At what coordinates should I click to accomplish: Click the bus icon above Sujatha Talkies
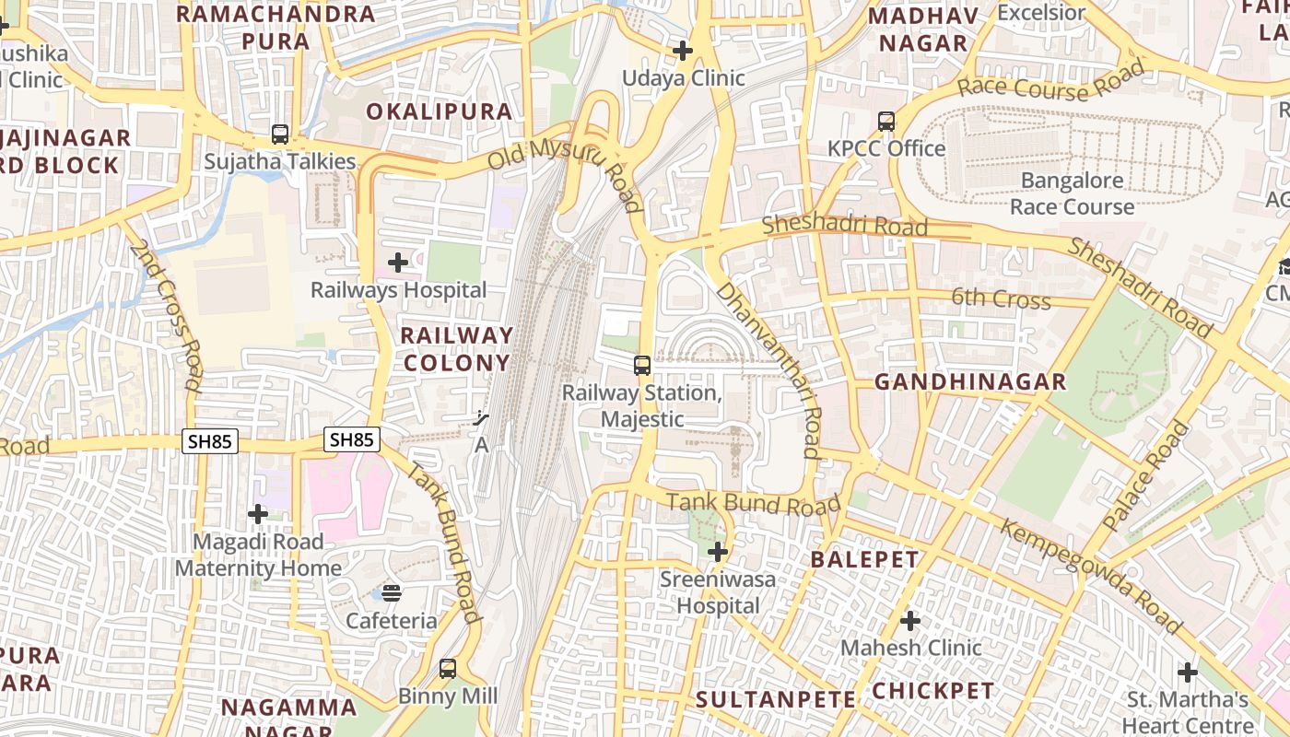click(x=280, y=135)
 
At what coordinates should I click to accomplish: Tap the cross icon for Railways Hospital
click(x=398, y=263)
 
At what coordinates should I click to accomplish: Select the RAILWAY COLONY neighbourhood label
click(x=457, y=349)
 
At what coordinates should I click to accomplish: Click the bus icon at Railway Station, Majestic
click(x=642, y=366)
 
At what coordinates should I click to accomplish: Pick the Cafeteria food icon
click(x=392, y=592)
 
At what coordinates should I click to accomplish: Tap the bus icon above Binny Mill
click(x=448, y=669)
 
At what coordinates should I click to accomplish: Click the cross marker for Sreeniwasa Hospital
click(x=718, y=553)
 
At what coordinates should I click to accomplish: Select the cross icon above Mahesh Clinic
click(x=910, y=621)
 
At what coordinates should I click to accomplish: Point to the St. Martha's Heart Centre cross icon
click(x=1188, y=673)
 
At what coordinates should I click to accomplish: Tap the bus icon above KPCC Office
click(x=886, y=121)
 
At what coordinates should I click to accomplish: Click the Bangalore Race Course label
click(x=1072, y=193)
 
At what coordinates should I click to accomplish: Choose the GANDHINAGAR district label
click(x=969, y=382)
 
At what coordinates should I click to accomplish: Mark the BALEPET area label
click(x=864, y=559)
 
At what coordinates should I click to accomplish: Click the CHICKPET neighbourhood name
click(x=932, y=691)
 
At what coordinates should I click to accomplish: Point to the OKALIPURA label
click(x=439, y=111)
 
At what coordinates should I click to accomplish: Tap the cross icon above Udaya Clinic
click(x=683, y=51)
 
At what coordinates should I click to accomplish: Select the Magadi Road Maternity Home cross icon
click(x=258, y=514)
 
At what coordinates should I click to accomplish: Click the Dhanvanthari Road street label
click(x=768, y=369)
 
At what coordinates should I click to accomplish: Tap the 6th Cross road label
click(x=1001, y=299)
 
